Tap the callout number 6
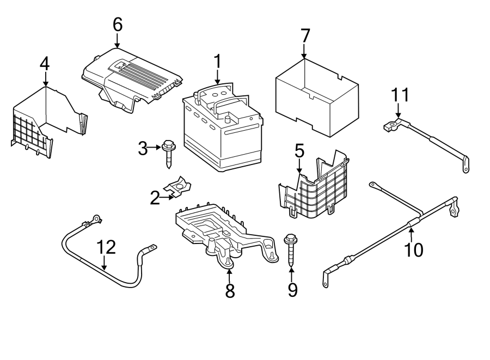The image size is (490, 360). [x=118, y=25]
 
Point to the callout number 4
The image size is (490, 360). [x=45, y=64]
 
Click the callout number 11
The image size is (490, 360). [x=400, y=95]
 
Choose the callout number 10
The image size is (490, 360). [x=414, y=250]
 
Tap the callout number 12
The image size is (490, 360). [x=106, y=247]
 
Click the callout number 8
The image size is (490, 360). [x=230, y=291]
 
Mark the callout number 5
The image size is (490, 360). [x=299, y=151]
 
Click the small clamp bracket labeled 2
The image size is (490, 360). [x=178, y=187]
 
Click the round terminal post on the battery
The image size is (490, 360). [x=228, y=120]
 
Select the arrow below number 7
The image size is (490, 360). [x=304, y=51]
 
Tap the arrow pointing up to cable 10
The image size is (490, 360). [x=411, y=235]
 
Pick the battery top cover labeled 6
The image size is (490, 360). [x=131, y=80]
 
